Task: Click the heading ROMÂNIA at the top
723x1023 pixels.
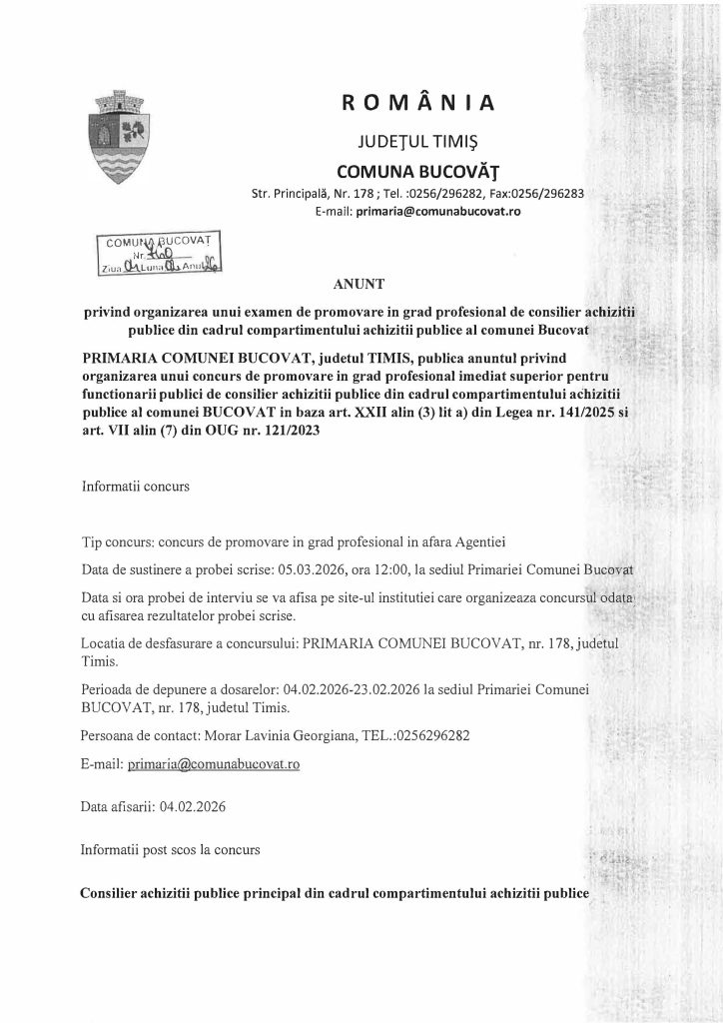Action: [417, 102]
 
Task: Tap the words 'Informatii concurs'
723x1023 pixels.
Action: [135, 490]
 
